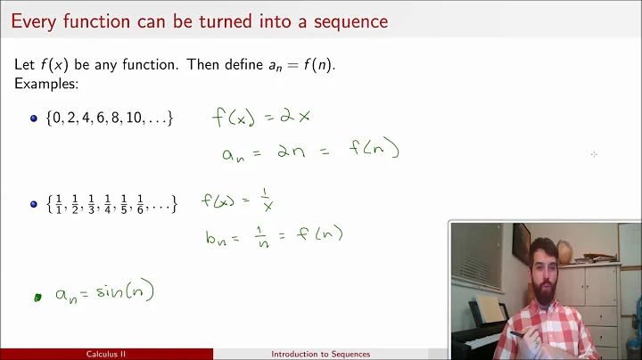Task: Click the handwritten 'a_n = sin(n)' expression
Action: pyautogui.click(x=104, y=292)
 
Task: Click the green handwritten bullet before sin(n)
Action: pyautogui.click(x=37, y=298)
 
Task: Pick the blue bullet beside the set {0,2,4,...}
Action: pyautogui.click(x=34, y=118)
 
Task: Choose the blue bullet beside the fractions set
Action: pyautogui.click(x=34, y=204)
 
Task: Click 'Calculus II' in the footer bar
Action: pyautogui.click(x=106, y=354)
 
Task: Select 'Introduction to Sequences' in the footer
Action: pyautogui.click(x=320, y=354)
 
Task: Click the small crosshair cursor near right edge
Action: pyautogui.click(x=594, y=154)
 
